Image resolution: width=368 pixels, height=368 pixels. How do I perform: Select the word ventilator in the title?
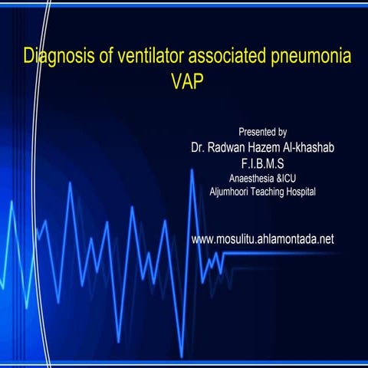pos(133,57)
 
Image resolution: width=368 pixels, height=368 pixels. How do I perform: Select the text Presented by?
pos(263,132)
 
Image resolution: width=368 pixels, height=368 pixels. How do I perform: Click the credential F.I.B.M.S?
pos(263,162)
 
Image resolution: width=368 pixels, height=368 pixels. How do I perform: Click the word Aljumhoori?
pos(231,191)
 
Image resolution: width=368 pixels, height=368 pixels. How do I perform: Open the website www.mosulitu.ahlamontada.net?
pos(262,239)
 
